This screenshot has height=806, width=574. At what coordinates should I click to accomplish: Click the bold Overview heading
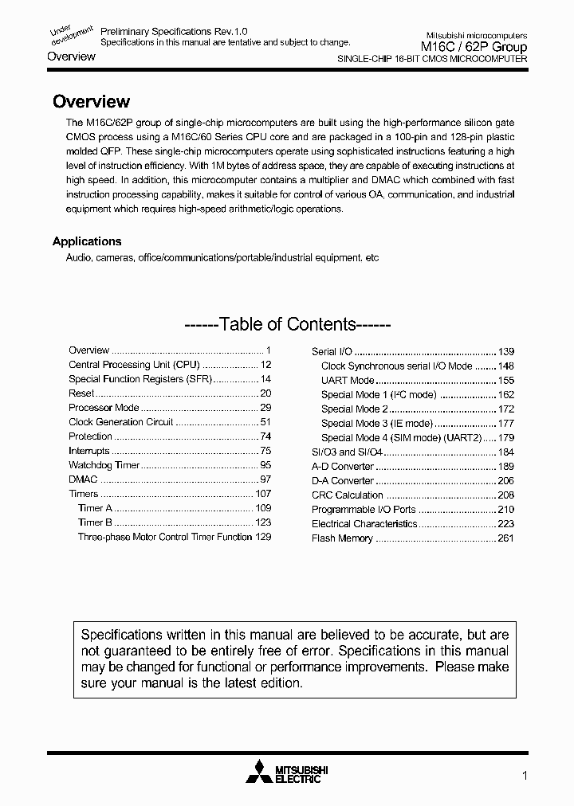(91, 102)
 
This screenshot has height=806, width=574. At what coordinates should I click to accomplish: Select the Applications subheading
(87, 241)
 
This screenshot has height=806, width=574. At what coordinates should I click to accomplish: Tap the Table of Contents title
(286, 324)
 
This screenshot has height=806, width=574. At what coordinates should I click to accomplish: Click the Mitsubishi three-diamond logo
(258, 773)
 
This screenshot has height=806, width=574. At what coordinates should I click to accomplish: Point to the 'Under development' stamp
(71, 32)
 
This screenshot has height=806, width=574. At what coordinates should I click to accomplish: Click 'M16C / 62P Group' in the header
(474, 48)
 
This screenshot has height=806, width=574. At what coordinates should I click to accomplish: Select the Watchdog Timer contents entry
(104, 465)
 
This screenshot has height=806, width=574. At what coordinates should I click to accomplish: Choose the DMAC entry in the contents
(83, 479)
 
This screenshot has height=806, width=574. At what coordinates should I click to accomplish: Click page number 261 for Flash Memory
(505, 538)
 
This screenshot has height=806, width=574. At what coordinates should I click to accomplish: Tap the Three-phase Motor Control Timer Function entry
(164, 537)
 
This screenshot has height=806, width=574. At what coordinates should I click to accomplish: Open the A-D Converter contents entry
(342, 467)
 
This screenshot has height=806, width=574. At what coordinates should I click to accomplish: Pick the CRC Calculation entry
(347, 495)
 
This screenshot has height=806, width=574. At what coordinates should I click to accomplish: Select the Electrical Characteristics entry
(364, 524)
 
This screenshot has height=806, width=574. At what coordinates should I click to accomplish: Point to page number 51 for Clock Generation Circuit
(265, 422)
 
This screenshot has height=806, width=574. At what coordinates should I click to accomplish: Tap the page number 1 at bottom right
(524, 775)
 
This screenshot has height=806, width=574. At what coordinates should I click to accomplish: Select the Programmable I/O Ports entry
(364, 510)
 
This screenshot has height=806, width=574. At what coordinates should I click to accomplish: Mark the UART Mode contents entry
(347, 381)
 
